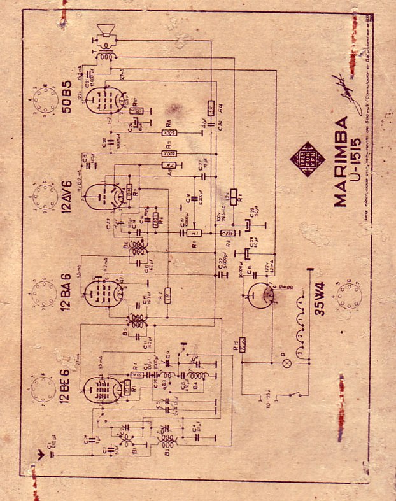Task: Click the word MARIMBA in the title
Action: click(x=341, y=161)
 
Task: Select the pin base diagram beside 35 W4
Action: click(x=347, y=297)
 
